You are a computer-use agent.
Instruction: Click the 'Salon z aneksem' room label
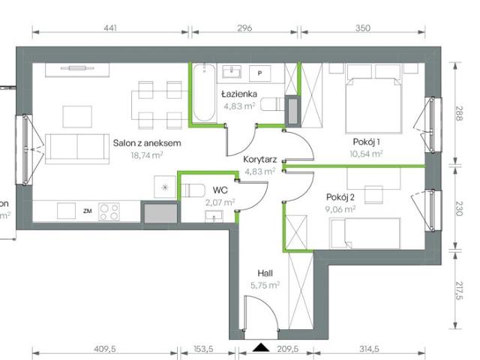148,143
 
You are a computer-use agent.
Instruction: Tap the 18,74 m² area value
148,156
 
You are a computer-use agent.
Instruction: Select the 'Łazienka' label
239,94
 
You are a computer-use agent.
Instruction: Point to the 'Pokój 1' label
367,142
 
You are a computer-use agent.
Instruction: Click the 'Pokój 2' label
340,197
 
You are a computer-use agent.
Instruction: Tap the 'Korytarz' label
259,159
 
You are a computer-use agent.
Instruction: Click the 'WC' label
220,190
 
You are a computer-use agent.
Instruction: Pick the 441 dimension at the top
110,28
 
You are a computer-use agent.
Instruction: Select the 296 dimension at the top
244,28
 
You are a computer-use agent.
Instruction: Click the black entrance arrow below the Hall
260,347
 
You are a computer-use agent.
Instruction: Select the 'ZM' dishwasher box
88,211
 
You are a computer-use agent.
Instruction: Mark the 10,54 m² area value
367,154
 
